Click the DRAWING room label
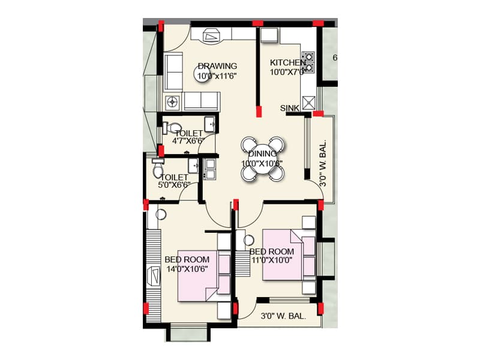(217, 66)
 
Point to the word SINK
(290, 108)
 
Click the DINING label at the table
(262, 154)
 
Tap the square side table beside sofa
(174, 101)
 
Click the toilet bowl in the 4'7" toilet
(175, 127)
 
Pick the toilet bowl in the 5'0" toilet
(158, 170)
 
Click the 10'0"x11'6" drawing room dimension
(217, 76)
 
